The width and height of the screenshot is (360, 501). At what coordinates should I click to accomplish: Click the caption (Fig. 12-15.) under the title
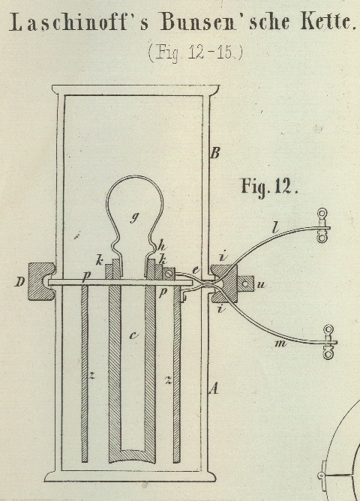coord(196,52)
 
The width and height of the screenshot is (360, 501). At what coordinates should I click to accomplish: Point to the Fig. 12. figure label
coord(269,186)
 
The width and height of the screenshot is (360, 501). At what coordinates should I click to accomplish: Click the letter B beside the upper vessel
coord(215,153)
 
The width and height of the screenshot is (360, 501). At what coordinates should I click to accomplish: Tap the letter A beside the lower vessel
coord(214,388)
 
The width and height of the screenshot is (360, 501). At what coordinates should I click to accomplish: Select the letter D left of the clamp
coord(20,282)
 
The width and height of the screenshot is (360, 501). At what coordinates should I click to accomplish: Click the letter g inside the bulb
coord(135,217)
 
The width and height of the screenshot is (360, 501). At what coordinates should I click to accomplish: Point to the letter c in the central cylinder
coord(133,335)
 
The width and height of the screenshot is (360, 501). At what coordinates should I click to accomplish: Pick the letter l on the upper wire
coord(276,228)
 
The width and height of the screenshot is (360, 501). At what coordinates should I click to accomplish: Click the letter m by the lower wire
coord(280,343)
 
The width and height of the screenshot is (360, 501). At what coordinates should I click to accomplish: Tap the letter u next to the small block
coord(261,285)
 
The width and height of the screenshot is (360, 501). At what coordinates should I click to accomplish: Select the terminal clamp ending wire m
coord(328,342)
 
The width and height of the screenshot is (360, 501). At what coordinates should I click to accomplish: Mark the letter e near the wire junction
coord(196,270)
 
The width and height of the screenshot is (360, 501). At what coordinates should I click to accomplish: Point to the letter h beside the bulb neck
coord(162,246)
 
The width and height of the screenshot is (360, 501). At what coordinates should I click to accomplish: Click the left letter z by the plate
coord(92,376)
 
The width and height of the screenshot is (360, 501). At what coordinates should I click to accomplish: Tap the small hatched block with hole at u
coord(246,283)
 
